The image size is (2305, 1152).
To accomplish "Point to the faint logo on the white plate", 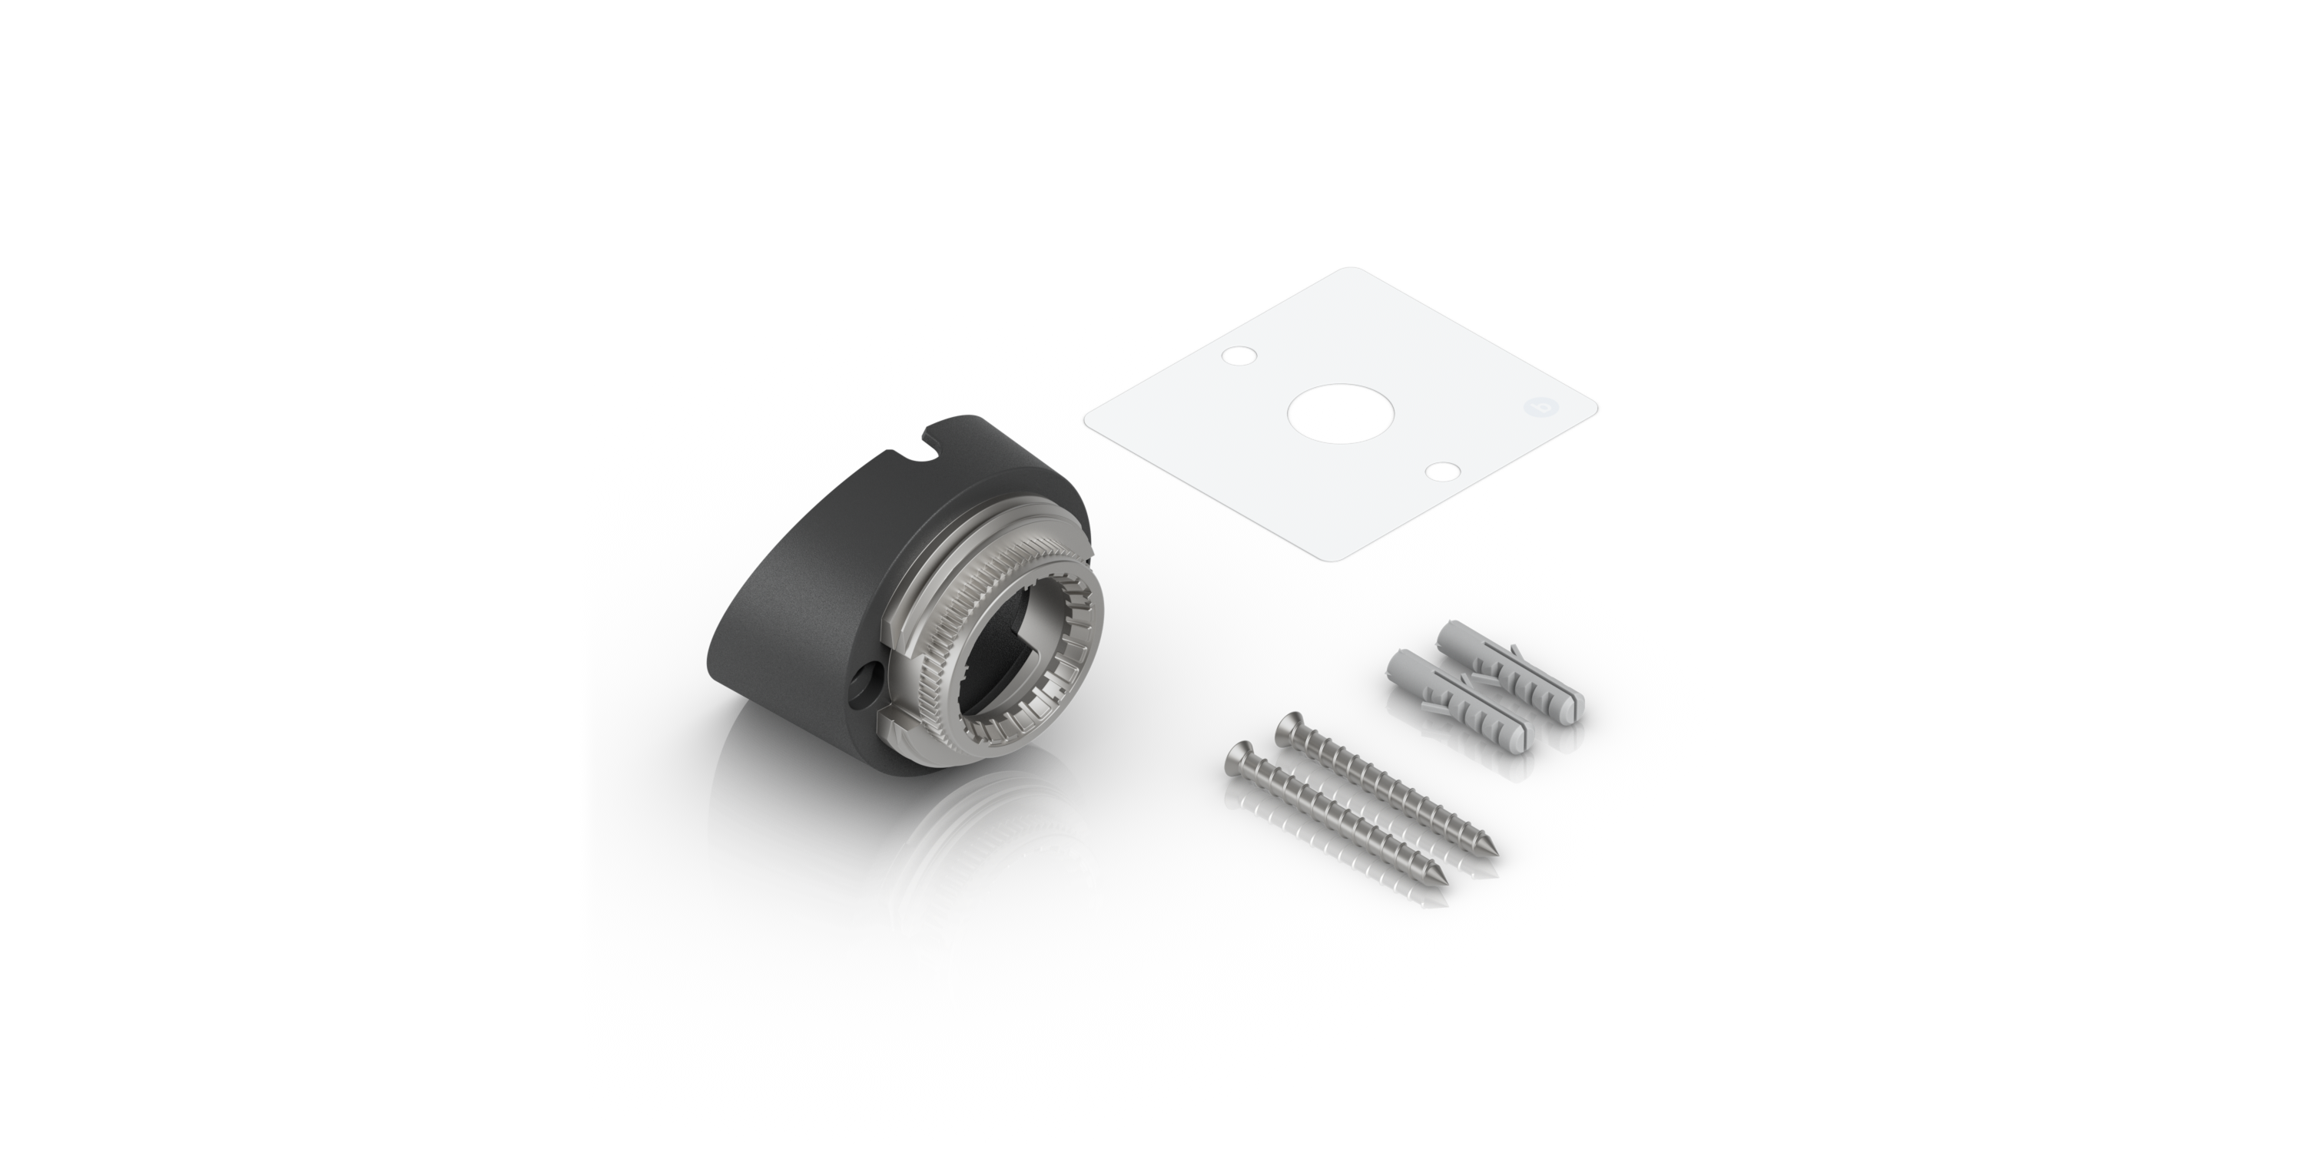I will tap(1537, 407).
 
